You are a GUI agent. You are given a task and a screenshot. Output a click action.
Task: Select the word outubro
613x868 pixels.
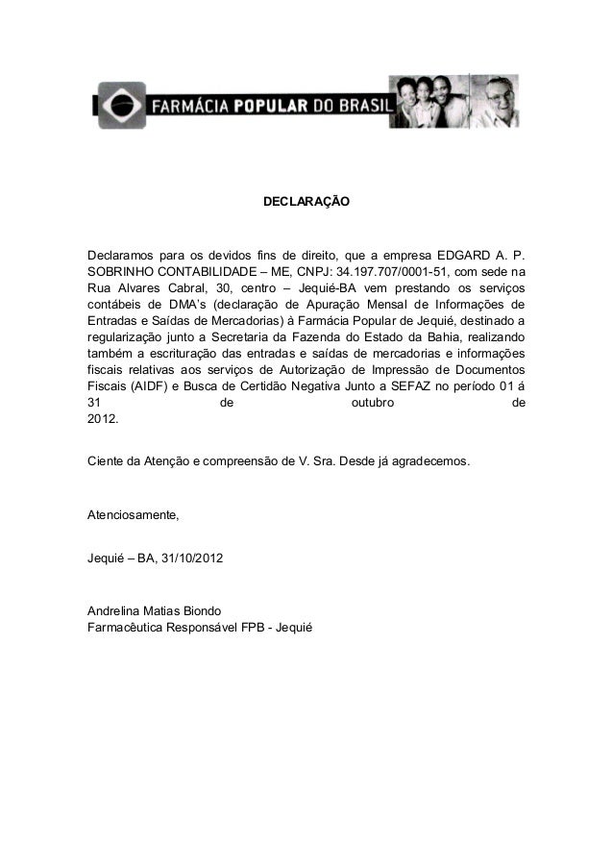point(373,402)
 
